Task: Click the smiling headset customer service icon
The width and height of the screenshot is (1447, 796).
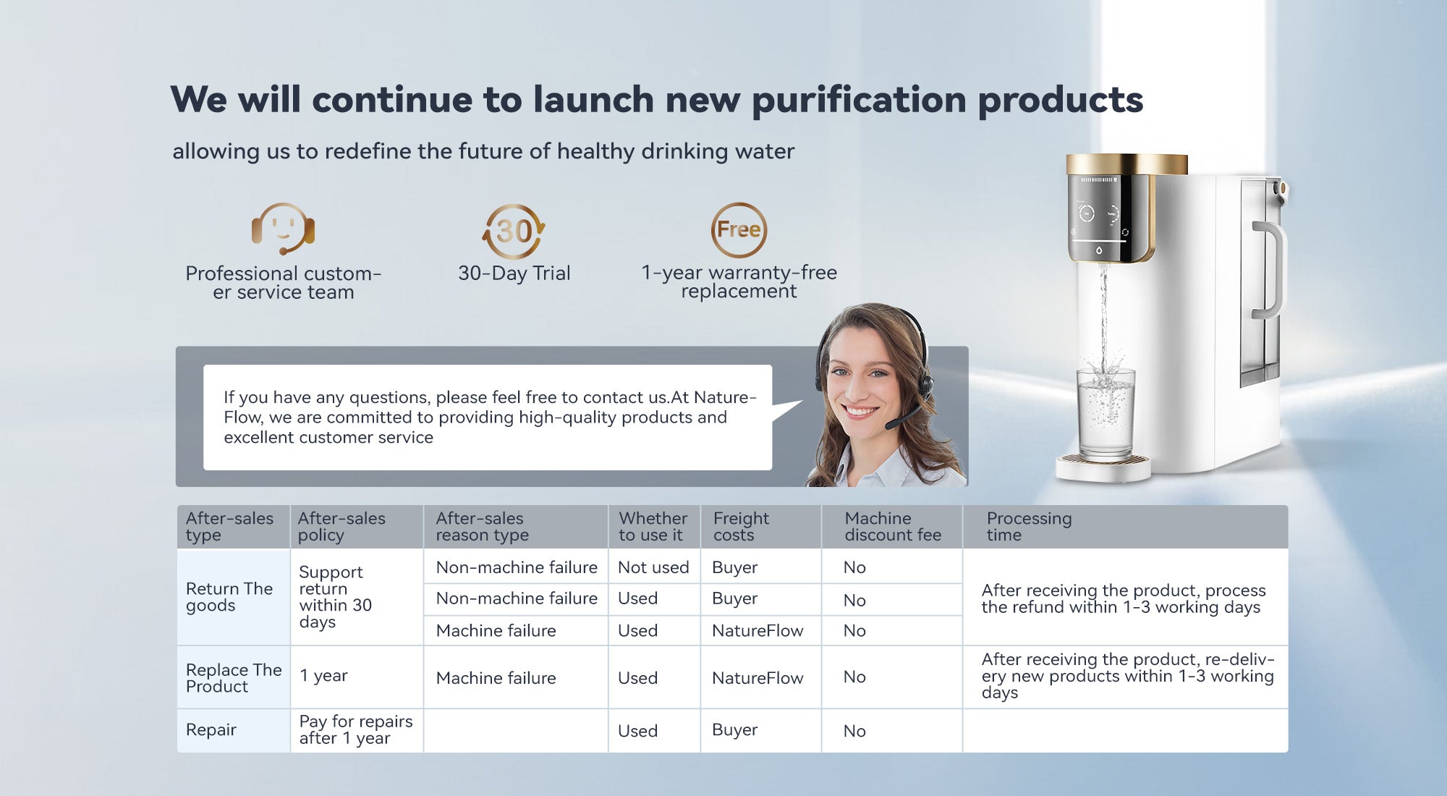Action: pyautogui.click(x=283, y=229)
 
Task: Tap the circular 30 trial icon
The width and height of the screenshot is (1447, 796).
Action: pyautogui.click(x=514, y=232)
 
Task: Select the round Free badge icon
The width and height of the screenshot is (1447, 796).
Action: pyautogui.click(x=739, y=230)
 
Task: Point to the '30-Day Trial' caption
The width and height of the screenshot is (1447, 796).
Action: pyautogui.click(x=514, y=273)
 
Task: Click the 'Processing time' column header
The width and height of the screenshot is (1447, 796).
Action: pyautogui.click(x=1029, y=526)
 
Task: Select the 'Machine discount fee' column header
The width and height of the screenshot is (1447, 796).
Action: pyautogui.click(x=893, y=526)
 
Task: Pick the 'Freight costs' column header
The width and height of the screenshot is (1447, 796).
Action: pyautogui.click(x=741, y=526)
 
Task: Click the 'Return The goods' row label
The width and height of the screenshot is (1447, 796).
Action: pyautogui.click(x=229, y=597)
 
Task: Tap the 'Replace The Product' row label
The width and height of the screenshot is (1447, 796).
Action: pyautogui.click(x=234, y=678)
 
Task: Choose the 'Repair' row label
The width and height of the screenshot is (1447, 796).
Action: pyautogui.click(x=211, y=729)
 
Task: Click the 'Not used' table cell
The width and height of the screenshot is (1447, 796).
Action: pyautogui.click(x=653, y=567)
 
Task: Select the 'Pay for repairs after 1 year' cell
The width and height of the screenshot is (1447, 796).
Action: pyautogui.click(x=356, y=729)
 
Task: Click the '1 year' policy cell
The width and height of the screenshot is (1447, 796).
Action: pyautogui.click(x=323, y=675)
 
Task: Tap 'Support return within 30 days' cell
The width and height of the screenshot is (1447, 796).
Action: pyautogui.click(x=335, y=597)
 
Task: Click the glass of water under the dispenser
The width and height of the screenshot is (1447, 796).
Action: pyautogui.click(x=1106, y=412)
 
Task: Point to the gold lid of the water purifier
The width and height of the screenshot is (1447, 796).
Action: pyautogui.click(x=1126, y=164)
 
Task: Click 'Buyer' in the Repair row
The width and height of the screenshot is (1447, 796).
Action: pyautogui.click(x=735, y=730)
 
